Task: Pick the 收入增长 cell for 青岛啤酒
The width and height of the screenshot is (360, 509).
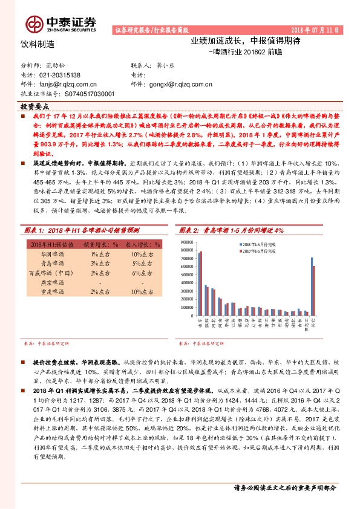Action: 142,264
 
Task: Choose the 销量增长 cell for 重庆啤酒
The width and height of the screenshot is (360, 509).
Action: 96,291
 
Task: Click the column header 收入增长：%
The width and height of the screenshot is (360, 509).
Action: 142,245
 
